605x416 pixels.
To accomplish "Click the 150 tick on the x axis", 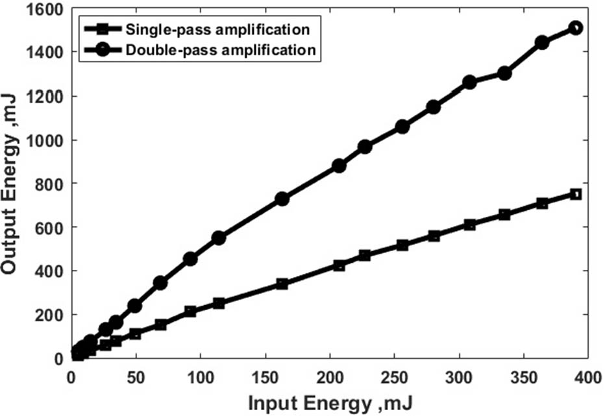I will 265,376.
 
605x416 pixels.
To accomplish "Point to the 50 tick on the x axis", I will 136,376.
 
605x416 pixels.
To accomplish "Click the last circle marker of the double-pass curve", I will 575,28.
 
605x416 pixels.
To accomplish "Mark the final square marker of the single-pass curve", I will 575,194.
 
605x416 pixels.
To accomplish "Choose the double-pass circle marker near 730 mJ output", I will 282,199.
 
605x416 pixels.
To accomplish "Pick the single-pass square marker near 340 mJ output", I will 282,284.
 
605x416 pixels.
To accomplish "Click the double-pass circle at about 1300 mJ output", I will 504,73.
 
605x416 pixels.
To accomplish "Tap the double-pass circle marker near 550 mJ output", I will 219,238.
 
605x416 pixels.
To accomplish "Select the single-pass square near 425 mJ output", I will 339,265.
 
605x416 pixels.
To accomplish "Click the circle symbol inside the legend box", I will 104,50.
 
